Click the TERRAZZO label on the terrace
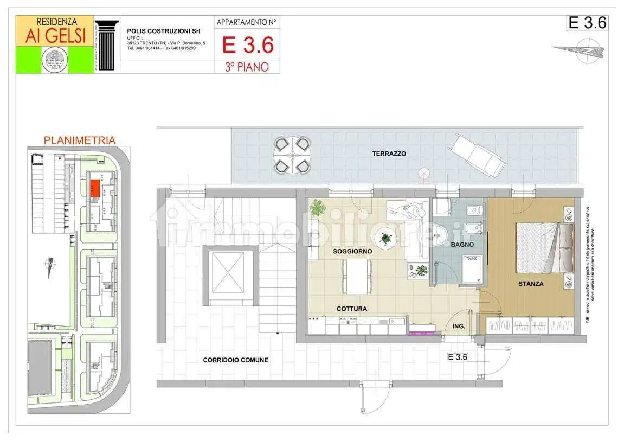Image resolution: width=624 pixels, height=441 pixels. pos(389,154)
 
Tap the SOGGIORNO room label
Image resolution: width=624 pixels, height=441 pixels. pos(352,252)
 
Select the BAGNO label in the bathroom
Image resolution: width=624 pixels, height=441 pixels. pos(462,245)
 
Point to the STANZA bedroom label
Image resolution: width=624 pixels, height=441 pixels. pos(531,283)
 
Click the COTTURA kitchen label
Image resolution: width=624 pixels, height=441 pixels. pos(351,309)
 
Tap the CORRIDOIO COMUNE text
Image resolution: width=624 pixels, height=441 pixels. pos(235,360)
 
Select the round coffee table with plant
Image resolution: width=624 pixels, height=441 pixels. pos(385,237)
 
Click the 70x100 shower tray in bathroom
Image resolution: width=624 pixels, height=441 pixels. pos(472,269)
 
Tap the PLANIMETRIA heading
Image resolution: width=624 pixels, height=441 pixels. pos(79,140)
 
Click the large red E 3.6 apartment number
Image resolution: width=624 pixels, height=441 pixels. pos(248,45)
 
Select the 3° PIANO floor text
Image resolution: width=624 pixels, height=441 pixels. pos(248,67)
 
